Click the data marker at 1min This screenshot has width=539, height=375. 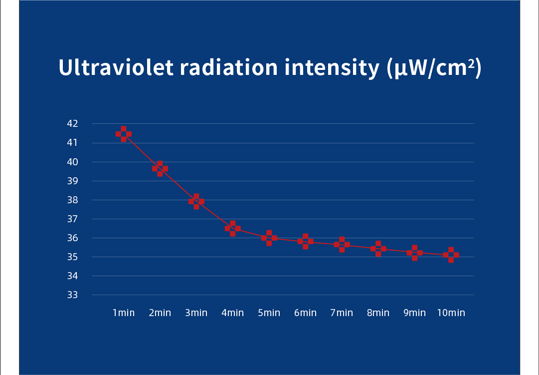pos(124,134)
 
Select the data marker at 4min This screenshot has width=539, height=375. pos(233,229)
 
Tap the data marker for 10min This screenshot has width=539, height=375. pos(451,255)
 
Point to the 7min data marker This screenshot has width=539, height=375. pos(342,245)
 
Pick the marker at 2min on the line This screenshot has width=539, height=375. pos(160,169)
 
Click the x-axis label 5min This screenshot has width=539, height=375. pos(269,313)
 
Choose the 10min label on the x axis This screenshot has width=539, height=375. pos(451,313)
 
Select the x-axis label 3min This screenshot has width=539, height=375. pos(196,313)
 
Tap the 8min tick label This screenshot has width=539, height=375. pos(378,313)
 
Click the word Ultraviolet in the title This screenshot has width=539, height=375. pos(116,67)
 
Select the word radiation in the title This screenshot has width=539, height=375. pos(229,67)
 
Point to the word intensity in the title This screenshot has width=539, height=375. pos(332,67)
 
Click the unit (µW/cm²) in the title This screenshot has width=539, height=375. pos(434,67)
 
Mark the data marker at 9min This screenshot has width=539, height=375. pos(414,253)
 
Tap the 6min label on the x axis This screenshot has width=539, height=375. pos(305,313)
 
